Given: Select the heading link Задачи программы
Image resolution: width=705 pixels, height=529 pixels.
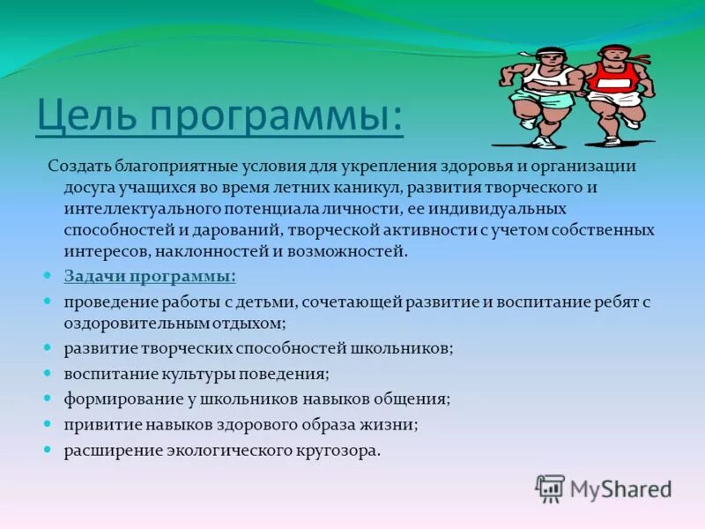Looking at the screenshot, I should tap(150, 276).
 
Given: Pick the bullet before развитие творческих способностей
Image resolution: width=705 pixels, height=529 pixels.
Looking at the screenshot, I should tap(49, 347).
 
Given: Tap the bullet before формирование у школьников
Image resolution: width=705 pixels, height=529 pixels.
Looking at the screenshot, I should tap(49, 399).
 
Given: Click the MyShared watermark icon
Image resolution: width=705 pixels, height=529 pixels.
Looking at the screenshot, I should tap(550, 488).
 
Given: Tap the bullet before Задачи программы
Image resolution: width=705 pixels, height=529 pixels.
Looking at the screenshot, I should tap(49, 276).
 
